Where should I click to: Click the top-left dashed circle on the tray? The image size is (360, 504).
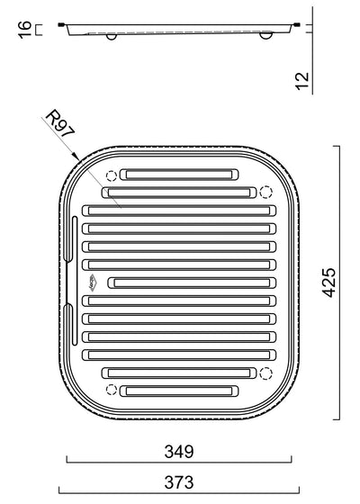pos(111,176)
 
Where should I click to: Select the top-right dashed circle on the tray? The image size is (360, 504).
pos(265,192)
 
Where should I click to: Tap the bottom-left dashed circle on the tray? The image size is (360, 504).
pos(111,389)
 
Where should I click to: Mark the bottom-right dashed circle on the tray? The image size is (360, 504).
pos(265,373)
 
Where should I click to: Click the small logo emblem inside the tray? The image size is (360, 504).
pos(94,283)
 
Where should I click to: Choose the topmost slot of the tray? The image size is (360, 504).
pos(181,175)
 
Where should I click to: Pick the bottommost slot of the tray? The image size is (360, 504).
pos(181,391)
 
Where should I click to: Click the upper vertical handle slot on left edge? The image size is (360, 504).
pos(72,239)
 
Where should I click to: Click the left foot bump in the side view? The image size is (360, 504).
pos(110,37)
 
